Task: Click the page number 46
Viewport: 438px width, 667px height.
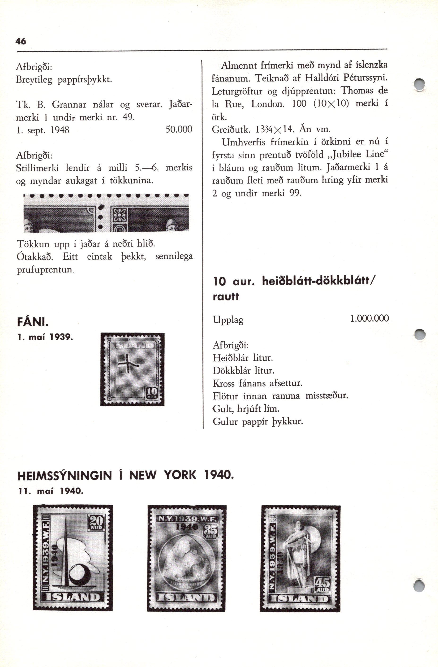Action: pos(21,41)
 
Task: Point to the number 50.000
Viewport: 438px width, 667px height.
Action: pos(179,130)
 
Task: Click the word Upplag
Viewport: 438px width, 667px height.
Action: pos(228,320)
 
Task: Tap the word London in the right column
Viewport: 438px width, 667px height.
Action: pos(268,104)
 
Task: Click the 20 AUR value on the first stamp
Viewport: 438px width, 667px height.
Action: pos(97,523)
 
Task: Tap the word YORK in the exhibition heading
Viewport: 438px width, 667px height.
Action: pos(180,475)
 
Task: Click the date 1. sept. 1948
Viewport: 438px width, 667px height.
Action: pos(43,130)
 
